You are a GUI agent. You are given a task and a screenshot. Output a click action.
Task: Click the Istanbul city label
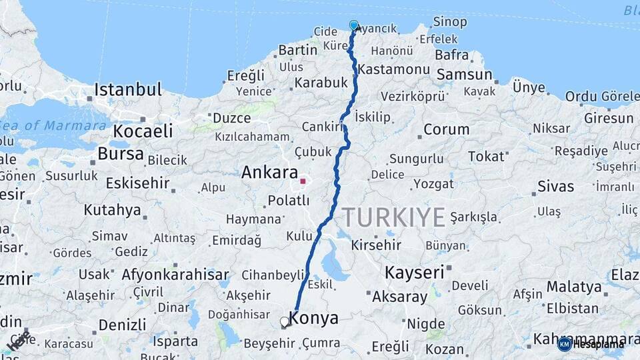coord(128,89)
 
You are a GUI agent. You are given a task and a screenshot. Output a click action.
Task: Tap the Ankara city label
coord(269,173)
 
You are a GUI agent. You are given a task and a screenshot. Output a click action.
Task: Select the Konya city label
coord(313,319)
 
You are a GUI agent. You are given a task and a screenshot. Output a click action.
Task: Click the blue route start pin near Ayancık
coord(354,25)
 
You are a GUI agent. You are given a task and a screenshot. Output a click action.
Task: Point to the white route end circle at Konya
coord(285,321)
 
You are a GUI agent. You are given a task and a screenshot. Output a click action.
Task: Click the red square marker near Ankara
coord(303,181)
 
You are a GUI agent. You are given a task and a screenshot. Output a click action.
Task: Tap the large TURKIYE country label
coord(393,217)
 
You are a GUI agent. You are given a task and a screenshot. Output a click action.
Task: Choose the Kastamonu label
coord(393,69)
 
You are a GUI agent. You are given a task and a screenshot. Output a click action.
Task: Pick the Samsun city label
coord(464,74)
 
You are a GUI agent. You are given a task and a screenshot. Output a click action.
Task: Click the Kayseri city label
coord(414,272)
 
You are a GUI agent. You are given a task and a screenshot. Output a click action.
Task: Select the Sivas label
coord(555,186)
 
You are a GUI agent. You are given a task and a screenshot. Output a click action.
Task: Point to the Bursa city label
coord(120,154)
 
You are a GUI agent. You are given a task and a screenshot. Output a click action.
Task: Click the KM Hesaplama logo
coord(590,343)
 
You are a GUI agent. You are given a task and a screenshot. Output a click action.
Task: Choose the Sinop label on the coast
coord(449,22)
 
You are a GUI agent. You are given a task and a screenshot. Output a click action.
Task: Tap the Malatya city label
coord(574,287)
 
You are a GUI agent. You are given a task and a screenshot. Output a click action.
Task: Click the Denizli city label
coord(122,325)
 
